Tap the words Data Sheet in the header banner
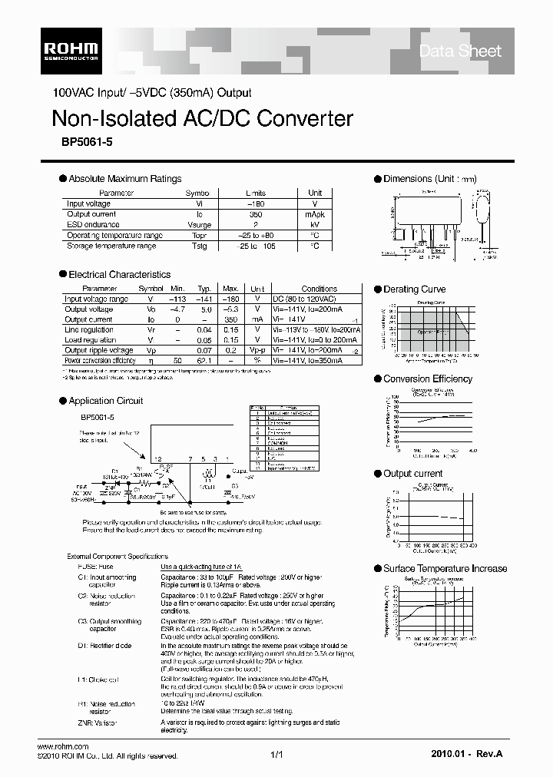point(460,51)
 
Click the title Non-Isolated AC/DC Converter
point(202,118)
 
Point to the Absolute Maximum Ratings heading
point(125,179)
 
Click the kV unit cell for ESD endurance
point(315,225)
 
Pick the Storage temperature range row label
point(111,246)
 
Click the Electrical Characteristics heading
point(119,274)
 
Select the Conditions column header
point(319,289)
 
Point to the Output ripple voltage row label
point(99,349)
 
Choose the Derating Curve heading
point(414,289)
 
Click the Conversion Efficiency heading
point(428,379)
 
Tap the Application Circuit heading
point(106,401)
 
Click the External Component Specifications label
point(118,556)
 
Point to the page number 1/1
point(277,756)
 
